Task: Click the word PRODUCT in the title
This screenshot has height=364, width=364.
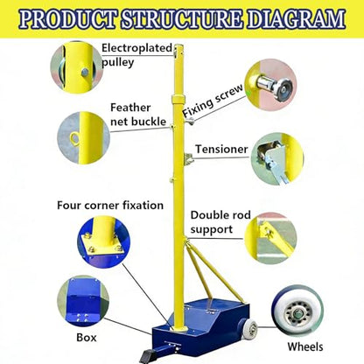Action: pos(69,19)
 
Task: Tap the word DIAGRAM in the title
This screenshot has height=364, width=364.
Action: pos(297,19)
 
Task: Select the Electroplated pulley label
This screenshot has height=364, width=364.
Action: pos(136,55)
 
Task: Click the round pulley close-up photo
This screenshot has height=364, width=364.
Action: pos(76,67)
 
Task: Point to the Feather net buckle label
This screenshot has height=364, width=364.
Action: pos(138,115)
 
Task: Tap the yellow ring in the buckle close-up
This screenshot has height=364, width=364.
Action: pos(74,136)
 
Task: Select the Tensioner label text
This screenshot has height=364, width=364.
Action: pos(221,149)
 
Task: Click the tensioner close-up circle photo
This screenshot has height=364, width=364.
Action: pos(277,159)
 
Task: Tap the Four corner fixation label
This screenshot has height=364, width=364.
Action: pos(110,206)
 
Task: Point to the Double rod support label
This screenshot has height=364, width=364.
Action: pos(220,222)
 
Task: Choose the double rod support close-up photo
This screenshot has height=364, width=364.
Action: pos(270,238)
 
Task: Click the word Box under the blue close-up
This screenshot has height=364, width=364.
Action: pos(87,338)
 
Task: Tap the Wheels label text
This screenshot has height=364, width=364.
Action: pos(305,346)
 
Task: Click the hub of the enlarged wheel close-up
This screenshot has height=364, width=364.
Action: pos(297,314)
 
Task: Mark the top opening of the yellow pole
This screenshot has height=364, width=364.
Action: pos(178,45)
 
